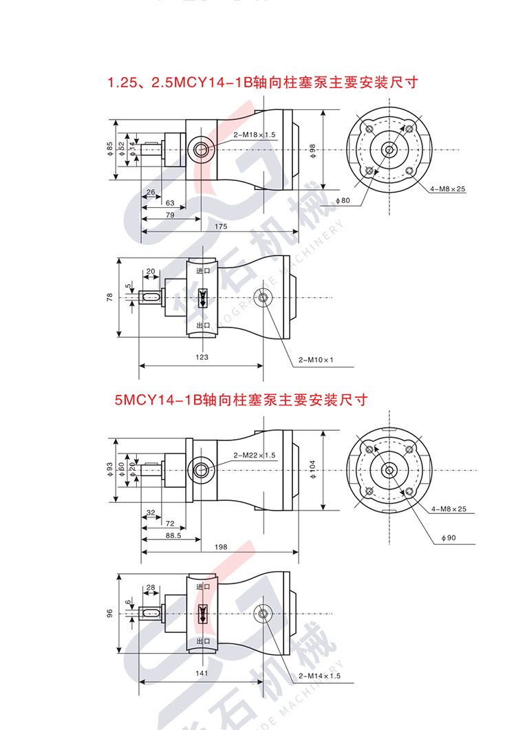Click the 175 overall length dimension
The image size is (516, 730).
(220, 226)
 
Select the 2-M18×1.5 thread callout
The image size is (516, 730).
(255, 135)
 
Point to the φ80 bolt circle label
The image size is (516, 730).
(343, 200)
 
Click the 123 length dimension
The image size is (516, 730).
(202, 357)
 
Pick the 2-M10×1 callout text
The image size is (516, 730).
(316, 360)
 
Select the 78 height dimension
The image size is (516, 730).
(109, 297)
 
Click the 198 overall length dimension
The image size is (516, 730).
(220, 547)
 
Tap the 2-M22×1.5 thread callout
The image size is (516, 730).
(255, 455)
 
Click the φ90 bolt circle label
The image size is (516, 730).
(448, 537)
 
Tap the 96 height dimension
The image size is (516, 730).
(109, 614)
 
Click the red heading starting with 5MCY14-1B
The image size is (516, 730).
(241, 400)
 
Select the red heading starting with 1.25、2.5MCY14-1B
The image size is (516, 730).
(264, 83)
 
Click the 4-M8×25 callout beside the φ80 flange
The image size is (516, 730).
(448, 189)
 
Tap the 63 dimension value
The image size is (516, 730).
(170, 203)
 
